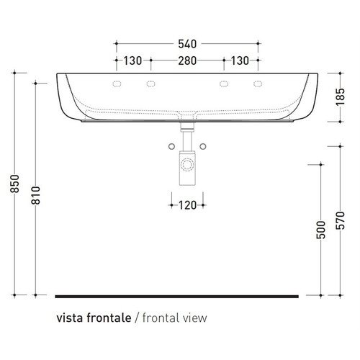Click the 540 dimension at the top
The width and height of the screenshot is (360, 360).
[x=186, y=44]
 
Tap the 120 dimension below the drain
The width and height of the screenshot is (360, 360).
[x=187, y=205]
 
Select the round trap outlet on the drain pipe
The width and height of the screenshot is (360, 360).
[x=186, y=164]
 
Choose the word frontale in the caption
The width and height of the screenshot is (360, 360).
[x=110, y=317]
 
